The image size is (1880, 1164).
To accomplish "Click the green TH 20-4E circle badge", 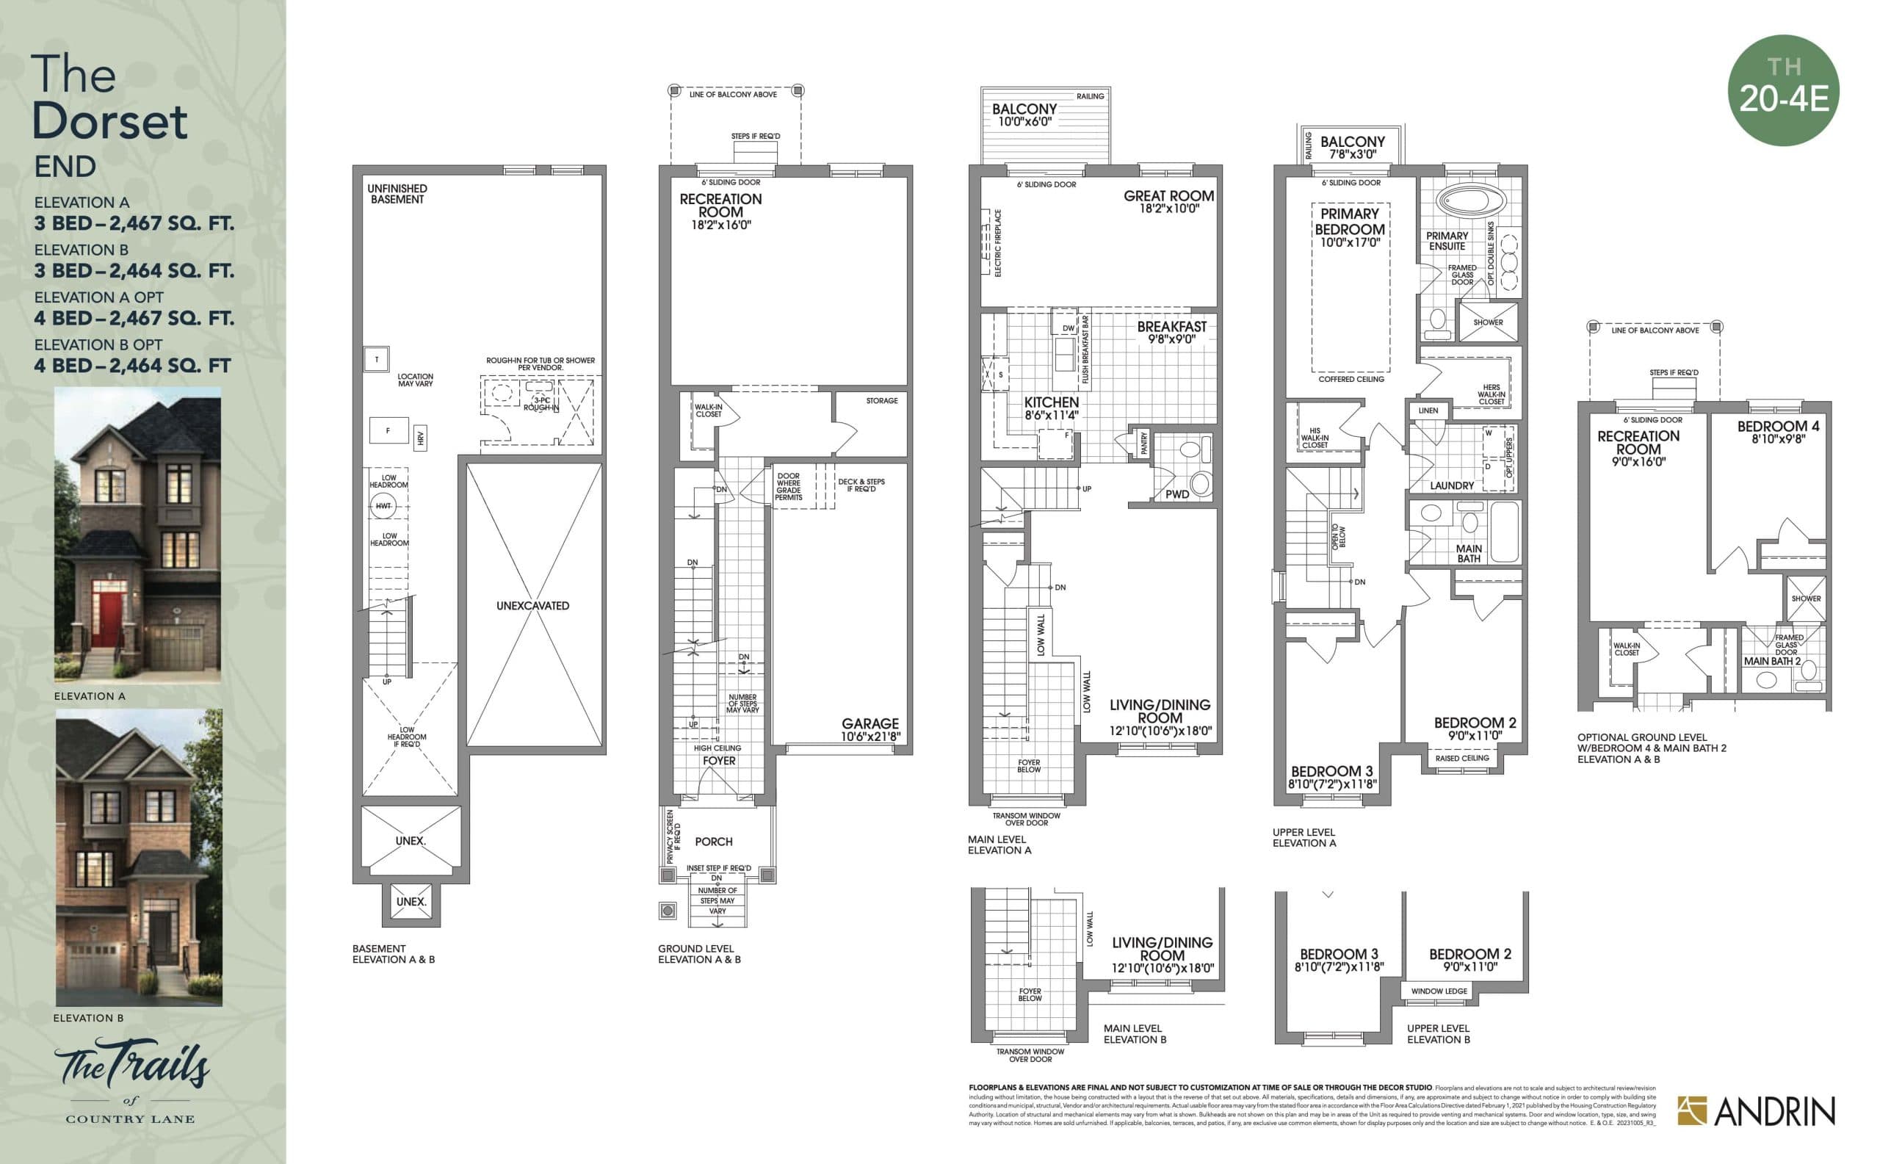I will tap(1783, 90).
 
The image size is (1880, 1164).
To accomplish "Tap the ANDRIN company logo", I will tap(1756, 1111).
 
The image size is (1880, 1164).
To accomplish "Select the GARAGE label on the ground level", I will tap(870, 723).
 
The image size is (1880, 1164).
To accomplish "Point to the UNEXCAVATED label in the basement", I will tap(532, 606).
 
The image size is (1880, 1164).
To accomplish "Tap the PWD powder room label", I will tap(1176, 494).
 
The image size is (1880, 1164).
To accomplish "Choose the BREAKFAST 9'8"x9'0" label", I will tap(1172, 332).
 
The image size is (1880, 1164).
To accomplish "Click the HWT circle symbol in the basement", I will tap(383, 506).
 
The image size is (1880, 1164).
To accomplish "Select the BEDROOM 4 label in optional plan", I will tap(1778, 431).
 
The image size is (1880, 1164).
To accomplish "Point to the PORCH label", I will tap(714, 842).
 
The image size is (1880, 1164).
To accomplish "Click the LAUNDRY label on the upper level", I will tap(1451, 485).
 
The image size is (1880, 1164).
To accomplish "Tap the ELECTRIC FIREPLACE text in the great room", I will tap(998, 243).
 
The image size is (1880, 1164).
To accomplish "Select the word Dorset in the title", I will tap(109, 122).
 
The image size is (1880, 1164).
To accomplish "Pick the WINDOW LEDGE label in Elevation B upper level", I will tap(1439, 991).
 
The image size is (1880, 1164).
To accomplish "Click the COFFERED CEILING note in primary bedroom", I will tap(1351, 379).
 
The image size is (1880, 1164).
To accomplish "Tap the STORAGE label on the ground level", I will tap(881, 400).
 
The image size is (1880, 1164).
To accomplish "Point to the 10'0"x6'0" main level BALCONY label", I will tap(1024, 115).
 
